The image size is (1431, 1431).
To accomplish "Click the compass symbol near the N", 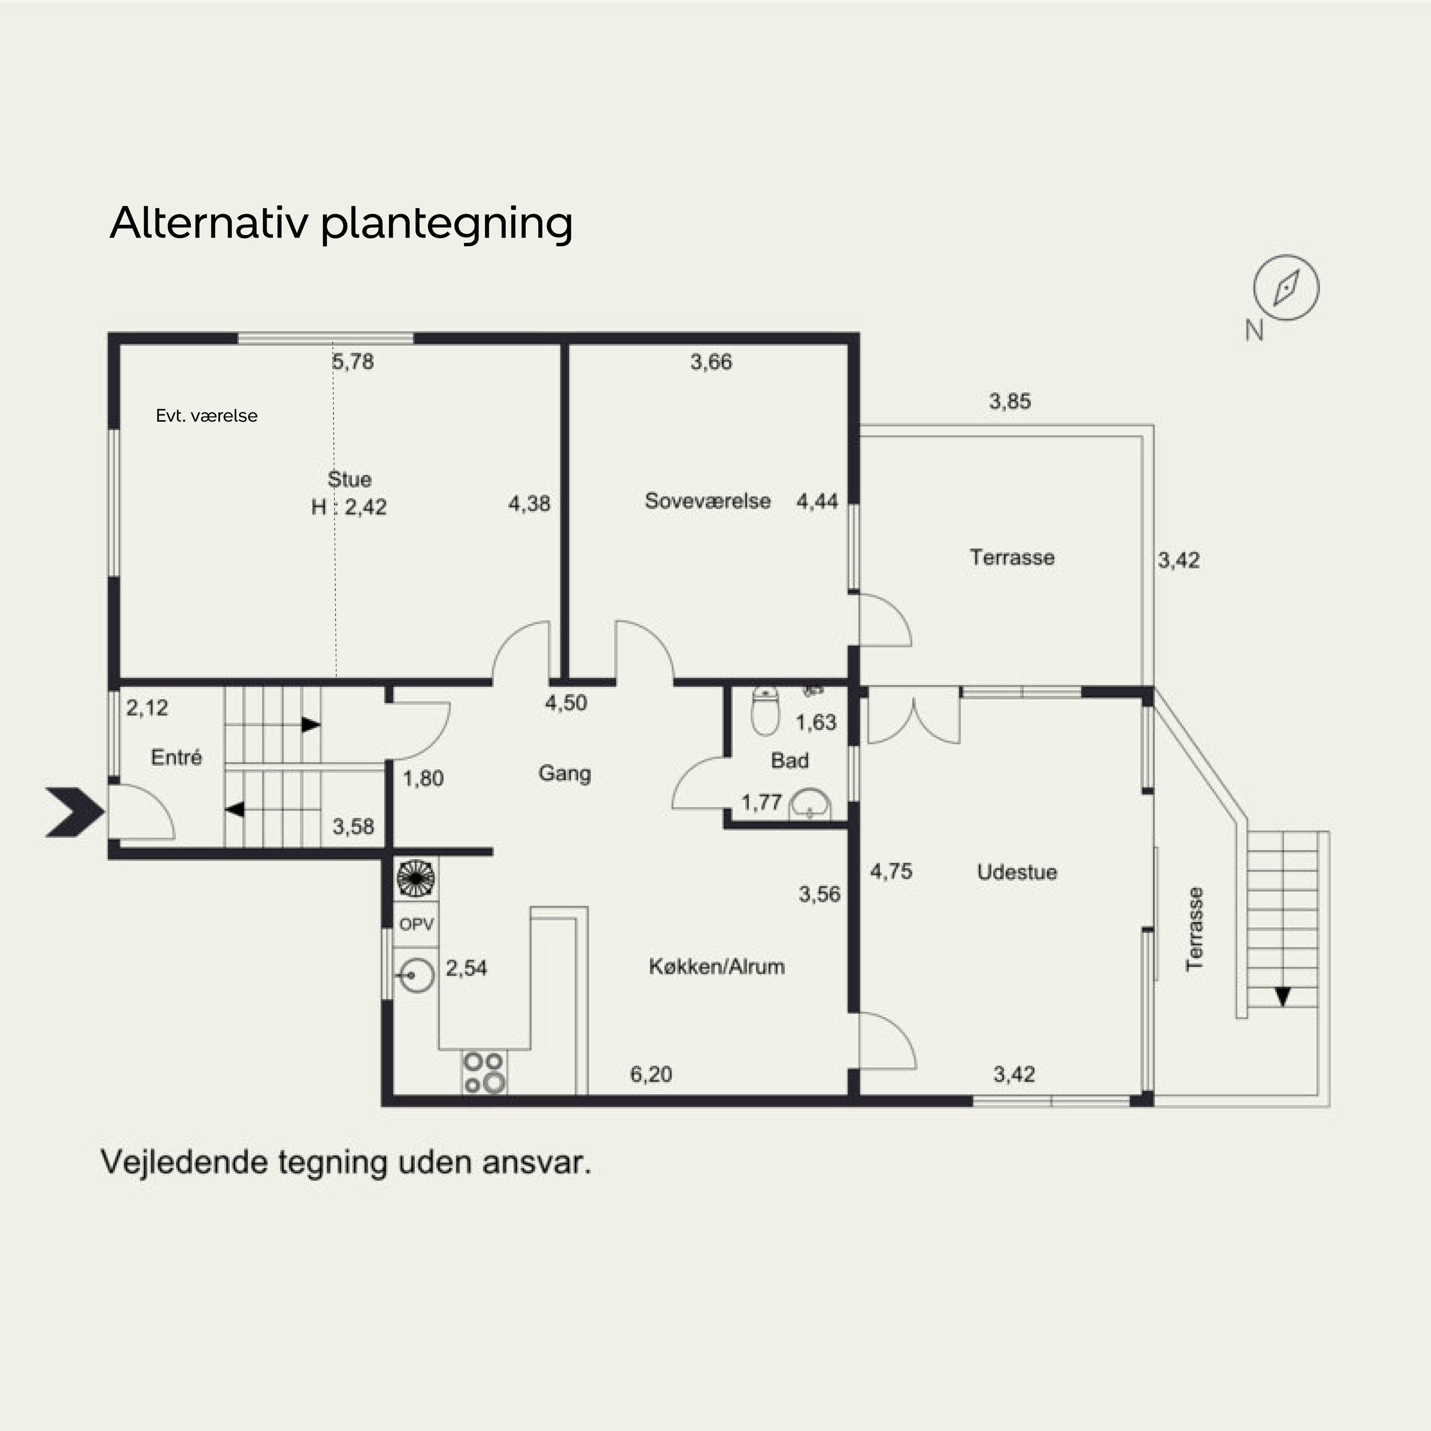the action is [x=1286, y=287].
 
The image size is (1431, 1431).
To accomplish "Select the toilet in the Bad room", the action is [x=765, y=711].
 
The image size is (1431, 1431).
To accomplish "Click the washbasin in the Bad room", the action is [x=810, y=806].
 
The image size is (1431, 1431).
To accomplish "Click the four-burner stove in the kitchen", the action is [x=485, y=1072].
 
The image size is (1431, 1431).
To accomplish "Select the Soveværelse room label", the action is [x=707, y=501].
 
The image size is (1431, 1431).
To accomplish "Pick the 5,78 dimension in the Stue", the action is [x=353, y=362].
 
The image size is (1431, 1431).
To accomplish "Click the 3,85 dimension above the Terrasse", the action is [x=1009, y=402].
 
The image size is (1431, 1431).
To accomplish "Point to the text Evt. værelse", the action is [x=207, y=415].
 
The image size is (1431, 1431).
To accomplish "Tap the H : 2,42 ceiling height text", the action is [x=349, y=508].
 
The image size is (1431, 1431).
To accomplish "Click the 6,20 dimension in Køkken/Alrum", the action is [x=651, y=1074].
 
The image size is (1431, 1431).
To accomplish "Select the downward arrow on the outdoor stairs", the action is [x=1283, y=996].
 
